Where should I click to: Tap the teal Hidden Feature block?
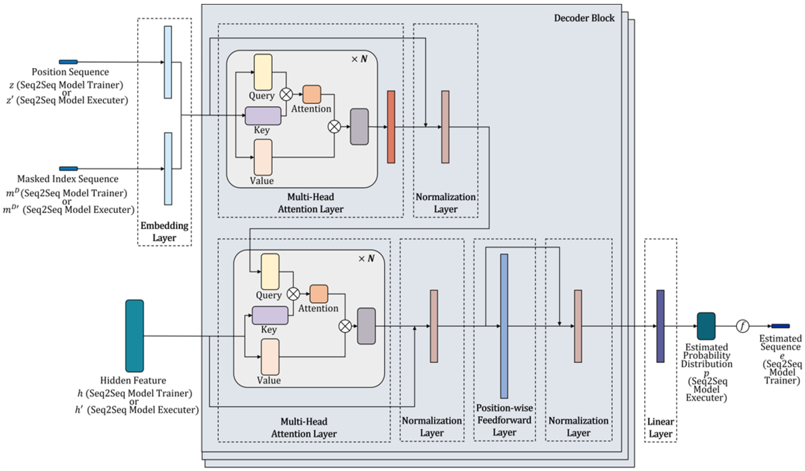click(134, 336)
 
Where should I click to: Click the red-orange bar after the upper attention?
click(391, 127)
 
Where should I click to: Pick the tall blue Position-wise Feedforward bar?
click(504, 326)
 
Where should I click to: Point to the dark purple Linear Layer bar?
click(660, 326)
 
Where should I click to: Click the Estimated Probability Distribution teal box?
click(706, 326)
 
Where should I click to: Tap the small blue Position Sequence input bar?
click(68, 62)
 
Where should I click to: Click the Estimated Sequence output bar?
click(780, 326)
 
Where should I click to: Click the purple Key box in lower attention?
click(270, 315)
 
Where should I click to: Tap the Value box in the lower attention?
click(270, 357)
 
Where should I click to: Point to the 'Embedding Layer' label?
click(164, 232)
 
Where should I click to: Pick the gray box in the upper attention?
click(359, 127)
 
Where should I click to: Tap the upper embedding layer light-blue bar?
click(168, 62)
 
